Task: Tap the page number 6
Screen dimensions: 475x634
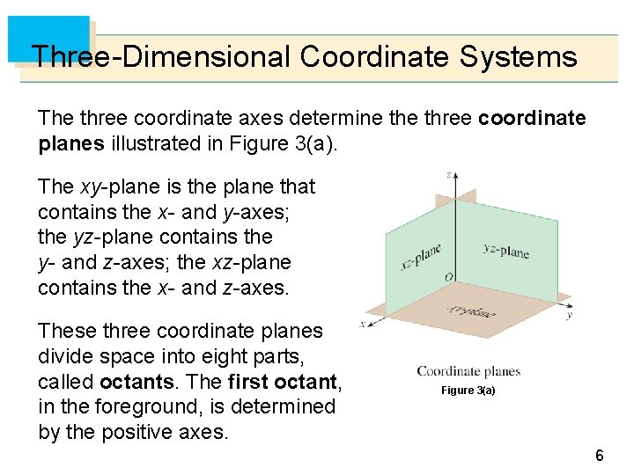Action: pyautogui.click(x=599, y=456)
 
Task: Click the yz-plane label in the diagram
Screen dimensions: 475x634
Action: pyautogui.click(x=506, y=250)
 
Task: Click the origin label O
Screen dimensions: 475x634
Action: pyautogui.click(x=449, y=278)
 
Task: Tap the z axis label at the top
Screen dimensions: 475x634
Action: pyautogui.click(x=450, y=175)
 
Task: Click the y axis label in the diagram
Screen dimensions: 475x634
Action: pyautogui.click(x=570, y=314)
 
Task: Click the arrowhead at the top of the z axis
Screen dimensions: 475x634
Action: pyautogui.click(x=450, y=184)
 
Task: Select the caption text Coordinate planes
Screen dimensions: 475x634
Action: pyautogui.click(x=468, y=371)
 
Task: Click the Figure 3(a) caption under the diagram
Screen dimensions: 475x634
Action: pyautogui.click(x=468, y=390)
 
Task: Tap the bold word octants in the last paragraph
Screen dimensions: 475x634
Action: pyautogui.click(x=135, y=382)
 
